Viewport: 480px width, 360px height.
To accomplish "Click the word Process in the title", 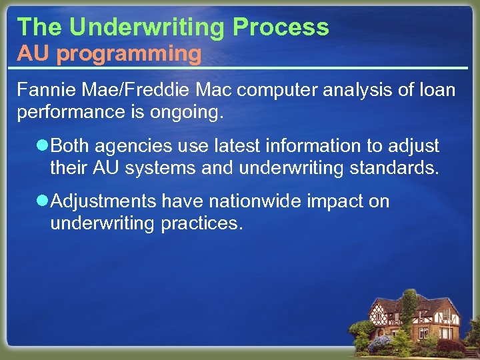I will point(281,27).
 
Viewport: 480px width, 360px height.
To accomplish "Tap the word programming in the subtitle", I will point(129,53).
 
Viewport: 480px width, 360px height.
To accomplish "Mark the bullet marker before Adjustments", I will point(42,201).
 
